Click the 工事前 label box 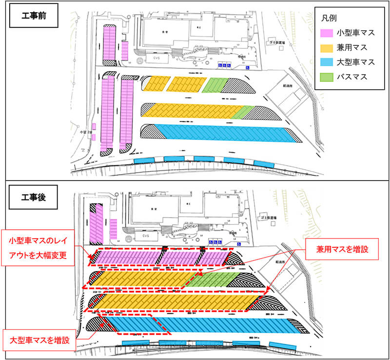33,15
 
